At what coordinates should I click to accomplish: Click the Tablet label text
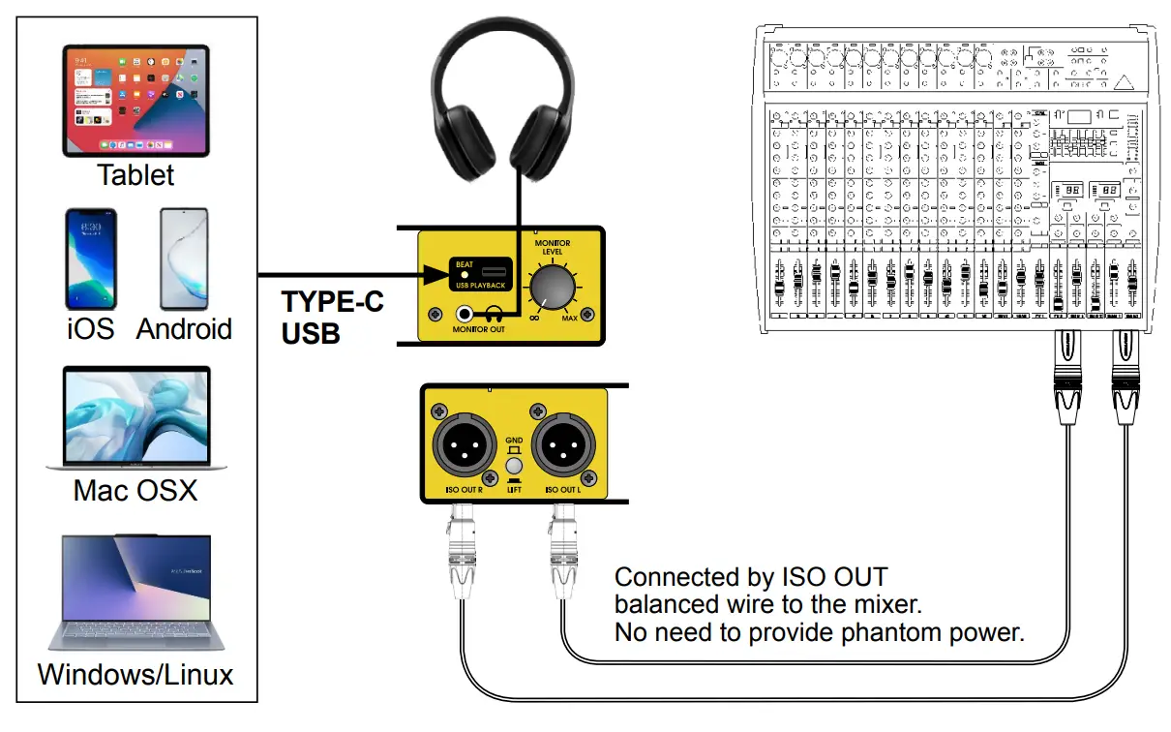pyautogui.click(x=135, y=175)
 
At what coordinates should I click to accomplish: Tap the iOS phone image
pyautogui.click(x=90, y=259)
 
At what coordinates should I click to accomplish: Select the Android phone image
pyautogui.click(x=183, y=259)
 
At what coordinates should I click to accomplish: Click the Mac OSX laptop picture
pyautogui.click(x=135, y=418)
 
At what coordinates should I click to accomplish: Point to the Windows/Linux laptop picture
pyautogui.click(x=135, y=591)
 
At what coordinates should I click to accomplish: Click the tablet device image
pyautogui.click(x=135, y=100)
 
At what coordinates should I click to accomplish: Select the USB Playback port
pyautogui.click(x=495, y=269)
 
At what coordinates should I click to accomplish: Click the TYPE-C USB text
pyautogui.click(x=332, y=318)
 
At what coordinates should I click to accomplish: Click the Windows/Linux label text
pyautogui.click(x=135, y=674)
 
